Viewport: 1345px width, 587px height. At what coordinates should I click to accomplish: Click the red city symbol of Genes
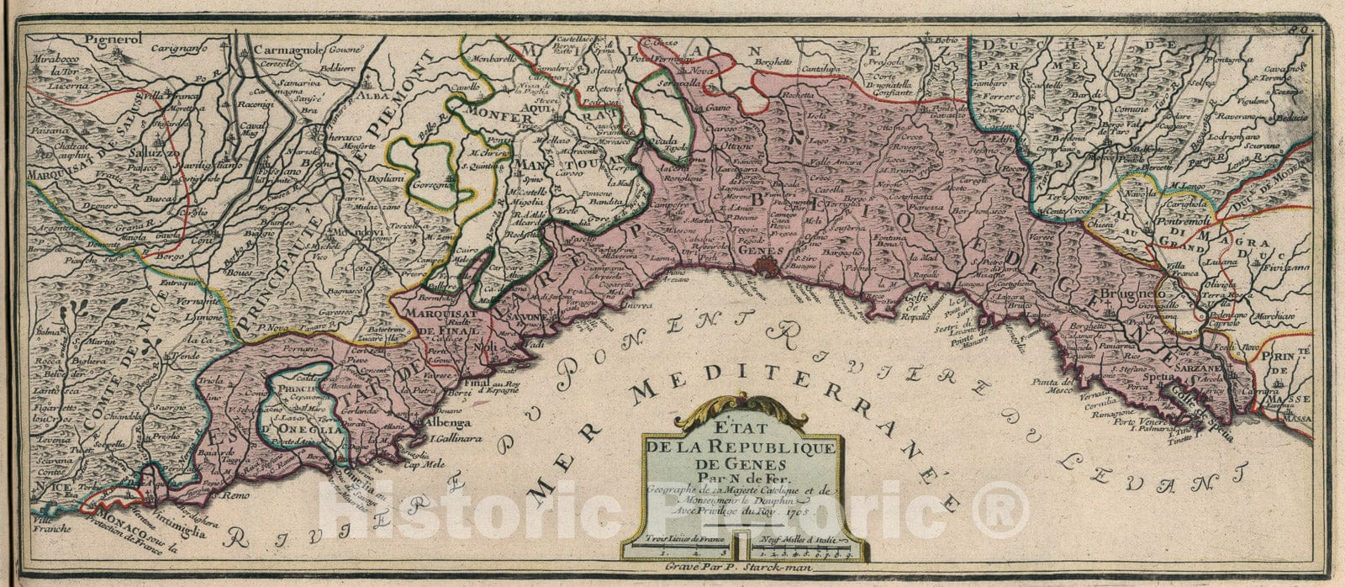765,267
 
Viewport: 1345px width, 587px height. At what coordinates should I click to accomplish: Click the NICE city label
59,487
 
